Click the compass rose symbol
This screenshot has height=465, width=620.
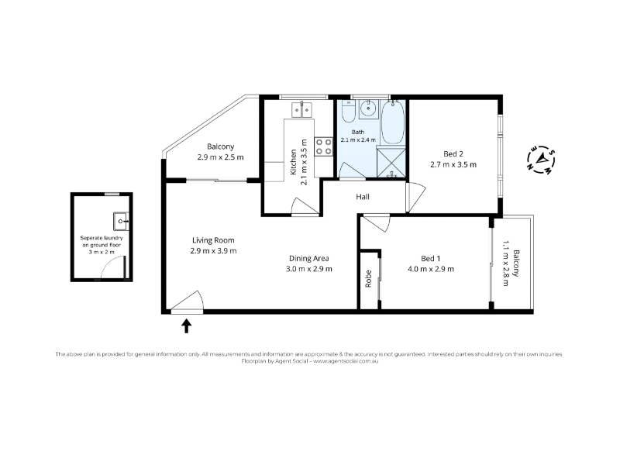click(541, 161)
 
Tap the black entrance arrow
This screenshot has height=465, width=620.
click(186, 326)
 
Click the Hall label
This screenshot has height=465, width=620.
click(363, 197)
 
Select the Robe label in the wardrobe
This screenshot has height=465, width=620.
click(369, 278)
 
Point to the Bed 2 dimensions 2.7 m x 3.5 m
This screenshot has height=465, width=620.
click(453, 164)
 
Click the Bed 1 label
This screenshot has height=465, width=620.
click(431, 258)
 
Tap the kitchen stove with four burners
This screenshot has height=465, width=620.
click(323, 146)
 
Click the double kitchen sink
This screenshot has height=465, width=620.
click(301, 109)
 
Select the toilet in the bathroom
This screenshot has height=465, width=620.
click(349, 112)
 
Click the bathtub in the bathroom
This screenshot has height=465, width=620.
click(393, 122)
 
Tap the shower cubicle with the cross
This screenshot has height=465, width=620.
click(391, 162)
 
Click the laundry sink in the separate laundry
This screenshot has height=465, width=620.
click(121, 221)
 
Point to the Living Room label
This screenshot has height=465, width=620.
click(213, 240)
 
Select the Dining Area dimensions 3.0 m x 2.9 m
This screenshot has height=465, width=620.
click(308, 269)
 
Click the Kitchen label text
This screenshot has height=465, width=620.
click(294, 162)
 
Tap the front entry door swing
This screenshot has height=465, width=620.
click(188, 302)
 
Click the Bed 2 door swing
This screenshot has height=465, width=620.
click(416, 197)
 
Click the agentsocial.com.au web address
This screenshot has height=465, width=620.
click(346, 361)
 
